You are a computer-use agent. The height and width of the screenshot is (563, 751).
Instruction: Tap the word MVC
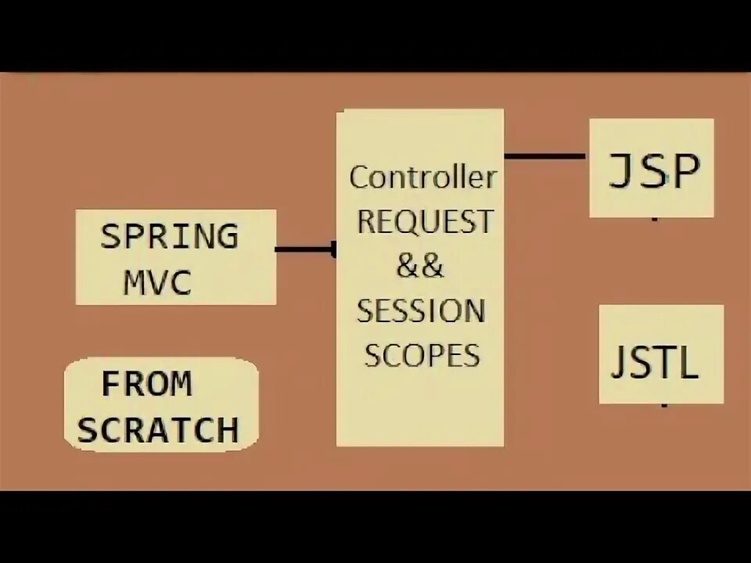click(x=157, y=282)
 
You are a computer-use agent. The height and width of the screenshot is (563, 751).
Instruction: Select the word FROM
click(x=146, y=384)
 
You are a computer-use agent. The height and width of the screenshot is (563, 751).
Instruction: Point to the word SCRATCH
click(x=158, y=430)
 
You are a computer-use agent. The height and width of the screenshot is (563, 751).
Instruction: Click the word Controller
click(x=422, y=178)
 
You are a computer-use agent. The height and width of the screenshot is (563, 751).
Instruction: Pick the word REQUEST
click(x=426, y=221)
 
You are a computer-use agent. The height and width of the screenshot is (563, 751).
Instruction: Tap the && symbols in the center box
click(x=420, y=267)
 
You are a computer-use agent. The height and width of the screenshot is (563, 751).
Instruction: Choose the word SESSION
click(x=421, y=311)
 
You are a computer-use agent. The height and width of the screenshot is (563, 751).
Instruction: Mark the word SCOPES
click(x=422, y=356)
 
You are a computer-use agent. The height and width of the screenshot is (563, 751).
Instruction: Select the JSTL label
click(x=654, y=362)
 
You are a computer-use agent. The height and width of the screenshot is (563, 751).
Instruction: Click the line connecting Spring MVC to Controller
click(x=305, y=250)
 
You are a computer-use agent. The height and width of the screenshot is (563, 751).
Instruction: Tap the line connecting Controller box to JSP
click(x=545, y=156)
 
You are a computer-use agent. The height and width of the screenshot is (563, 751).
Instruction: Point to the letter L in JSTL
click(x=688, y=363)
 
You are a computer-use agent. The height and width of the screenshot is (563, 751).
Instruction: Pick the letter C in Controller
click(x=359, y=178)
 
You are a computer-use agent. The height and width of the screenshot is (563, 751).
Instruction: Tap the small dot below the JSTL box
click(x=664, y=406)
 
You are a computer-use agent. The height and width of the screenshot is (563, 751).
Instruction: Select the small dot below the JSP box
click(x=655, y=220)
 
